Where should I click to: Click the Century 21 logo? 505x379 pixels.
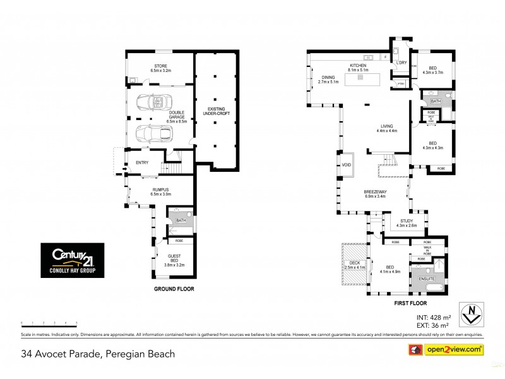coord(73,260)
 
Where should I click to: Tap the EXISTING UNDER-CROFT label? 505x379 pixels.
coord(215,112)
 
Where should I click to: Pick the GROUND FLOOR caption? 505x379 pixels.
coord(174,289)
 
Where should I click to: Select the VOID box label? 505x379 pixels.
coord(346,167)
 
